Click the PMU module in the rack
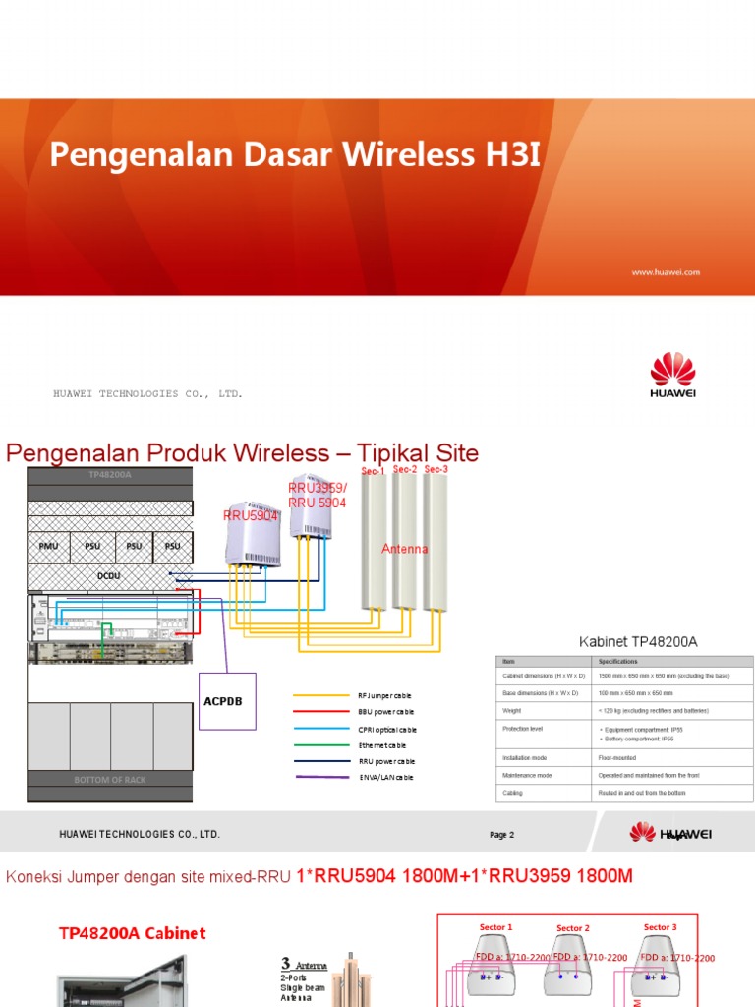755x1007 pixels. click(x=48, y=546)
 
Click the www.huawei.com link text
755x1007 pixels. click(x=665, y=272)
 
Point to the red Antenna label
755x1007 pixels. click(x=405, y=549)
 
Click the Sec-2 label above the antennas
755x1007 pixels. click(x=405, y=470)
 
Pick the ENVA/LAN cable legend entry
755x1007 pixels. click(x=385, y=778)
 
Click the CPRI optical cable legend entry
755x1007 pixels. click(x=387, y=729)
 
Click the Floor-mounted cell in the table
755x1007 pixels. click(x=617, y=759)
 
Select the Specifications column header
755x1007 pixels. click(x=617, y=662)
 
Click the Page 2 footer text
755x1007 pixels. click(x=501, y=835)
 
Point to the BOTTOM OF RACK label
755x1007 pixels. click(x=109, y=780)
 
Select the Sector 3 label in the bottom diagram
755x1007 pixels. click(x=660, y=927)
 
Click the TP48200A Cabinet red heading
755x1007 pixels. click(x=133, y=933)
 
